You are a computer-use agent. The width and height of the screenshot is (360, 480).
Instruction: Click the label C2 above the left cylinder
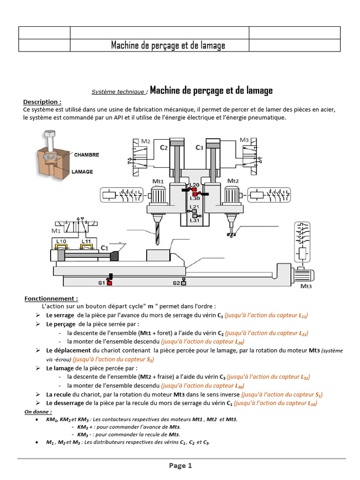pos(164,148)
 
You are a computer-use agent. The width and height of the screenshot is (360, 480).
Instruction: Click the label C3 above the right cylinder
pos(199,148)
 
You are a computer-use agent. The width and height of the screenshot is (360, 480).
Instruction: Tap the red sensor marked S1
pos(109,282)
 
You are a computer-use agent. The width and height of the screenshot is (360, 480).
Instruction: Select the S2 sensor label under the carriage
pos(176,283)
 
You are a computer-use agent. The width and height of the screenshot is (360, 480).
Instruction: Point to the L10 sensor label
pos(61,241)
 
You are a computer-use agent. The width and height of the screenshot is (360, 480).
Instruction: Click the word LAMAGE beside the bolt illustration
pos(82,172)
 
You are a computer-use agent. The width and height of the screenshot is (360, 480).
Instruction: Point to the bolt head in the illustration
pos(49,135)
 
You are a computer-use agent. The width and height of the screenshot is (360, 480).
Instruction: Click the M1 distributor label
pos(56,231)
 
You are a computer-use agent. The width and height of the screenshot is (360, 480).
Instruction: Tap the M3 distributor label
pos(244,140)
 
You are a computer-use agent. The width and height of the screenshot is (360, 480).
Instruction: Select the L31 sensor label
pos(194,220)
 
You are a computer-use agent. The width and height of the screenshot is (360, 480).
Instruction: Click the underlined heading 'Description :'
pos(42,102)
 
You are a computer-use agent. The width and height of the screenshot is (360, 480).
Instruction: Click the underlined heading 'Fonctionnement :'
pos(51,298)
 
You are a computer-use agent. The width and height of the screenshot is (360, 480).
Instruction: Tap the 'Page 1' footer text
pos(180,465)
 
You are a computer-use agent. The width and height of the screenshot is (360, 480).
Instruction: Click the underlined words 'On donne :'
pos(38,411)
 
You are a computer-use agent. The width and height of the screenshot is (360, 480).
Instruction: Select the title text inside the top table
pos(168,45)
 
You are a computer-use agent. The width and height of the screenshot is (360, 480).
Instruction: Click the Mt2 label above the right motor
pos(233,180)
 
